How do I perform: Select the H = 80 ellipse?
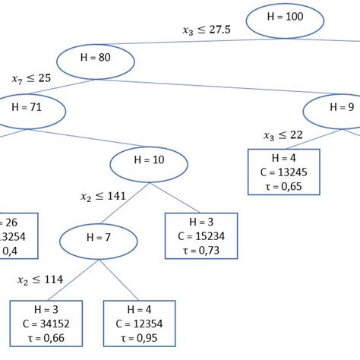point(96,60)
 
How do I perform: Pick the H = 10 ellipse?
point(149,162)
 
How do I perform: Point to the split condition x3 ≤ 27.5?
point(207,30)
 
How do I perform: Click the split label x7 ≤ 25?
point(30,78)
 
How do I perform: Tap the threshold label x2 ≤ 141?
point(103,196)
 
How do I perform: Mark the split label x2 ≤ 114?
point(39,280)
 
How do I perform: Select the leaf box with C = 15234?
point(201,236)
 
